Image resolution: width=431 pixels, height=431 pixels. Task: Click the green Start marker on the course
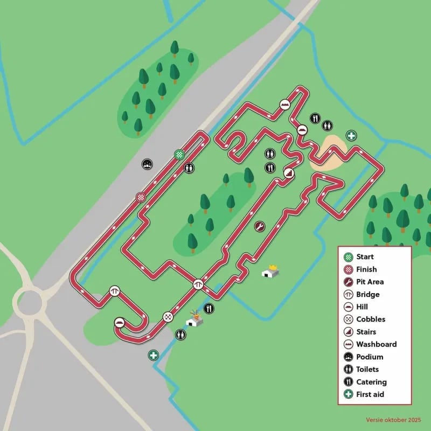coord(179,155)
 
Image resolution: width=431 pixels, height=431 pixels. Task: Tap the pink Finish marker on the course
coord(141,197)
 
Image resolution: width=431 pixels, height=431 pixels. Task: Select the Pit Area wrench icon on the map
coord(259,226)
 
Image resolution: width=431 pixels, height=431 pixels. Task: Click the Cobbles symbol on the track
coord(168,317)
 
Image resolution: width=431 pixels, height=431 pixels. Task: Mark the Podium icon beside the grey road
coord(147,164)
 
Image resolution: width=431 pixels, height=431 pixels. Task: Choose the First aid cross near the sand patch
coord(351,135)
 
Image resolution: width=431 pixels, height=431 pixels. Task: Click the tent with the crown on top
coord(270,272)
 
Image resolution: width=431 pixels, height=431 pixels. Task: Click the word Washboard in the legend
coord(376,344)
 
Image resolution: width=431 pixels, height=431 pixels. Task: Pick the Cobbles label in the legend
coord(371,319)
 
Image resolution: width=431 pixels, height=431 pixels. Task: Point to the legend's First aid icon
coord(349,394)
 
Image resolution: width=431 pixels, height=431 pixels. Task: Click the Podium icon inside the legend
coord(349,357)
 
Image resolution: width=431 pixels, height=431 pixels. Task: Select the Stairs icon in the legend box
coord(349,332)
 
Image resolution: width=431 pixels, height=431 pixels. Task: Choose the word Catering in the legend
coord(371,382)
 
